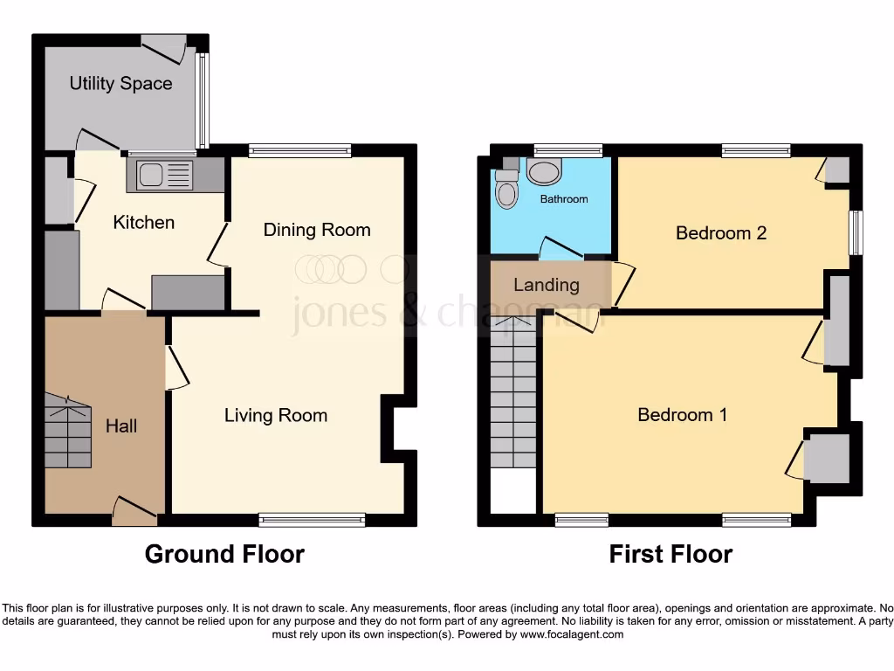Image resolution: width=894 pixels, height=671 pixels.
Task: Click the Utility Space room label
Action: pyautogui.click(x=120, y=84)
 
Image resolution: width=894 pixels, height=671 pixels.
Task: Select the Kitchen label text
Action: pyautogui.click(x=144, y=223)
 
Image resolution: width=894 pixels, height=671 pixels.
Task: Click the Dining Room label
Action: pyautogui.click(x=317, y=230)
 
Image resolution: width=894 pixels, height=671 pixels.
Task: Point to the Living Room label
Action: pyautogui.click(x=276, y=416)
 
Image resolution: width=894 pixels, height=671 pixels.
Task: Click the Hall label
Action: pyautogui.click(x=121, y=426)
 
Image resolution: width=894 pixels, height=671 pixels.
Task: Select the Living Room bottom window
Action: pyautogui.click(x=312, y=521)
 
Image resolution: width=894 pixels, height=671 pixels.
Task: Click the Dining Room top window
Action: pyautogui.click(x=299, y=151)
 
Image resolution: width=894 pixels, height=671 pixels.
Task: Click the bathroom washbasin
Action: pyautogui.click(x=546, y=172)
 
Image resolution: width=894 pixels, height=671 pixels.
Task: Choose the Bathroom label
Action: pyautogui.click(x=564, y=199)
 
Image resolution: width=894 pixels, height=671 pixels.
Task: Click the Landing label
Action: pyautogui.click(x=546, y=285)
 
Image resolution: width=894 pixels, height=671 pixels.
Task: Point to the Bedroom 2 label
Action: pyautogui.click(x=721, y=233)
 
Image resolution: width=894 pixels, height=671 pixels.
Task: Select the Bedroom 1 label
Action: pyautogui.click(x=682, y=415)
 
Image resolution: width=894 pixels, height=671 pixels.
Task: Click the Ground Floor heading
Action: pyautogui.click(x=224, y=554)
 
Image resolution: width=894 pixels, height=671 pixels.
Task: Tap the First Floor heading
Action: pyautogui.click(x=670, y=554)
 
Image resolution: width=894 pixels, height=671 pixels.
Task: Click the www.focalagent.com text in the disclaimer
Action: pyautogui.click(x=572, y=634)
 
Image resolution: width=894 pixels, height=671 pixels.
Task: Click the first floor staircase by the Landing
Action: pyautogui.click(x=512, y=393)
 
